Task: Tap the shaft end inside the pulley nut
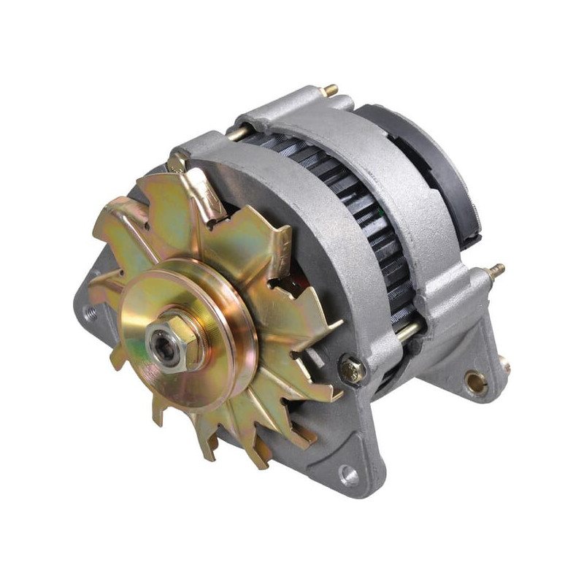click(x=162, y=342)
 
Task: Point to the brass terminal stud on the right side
click(x=496, y=271)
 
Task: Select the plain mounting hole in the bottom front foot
click(x=350, y=476)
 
